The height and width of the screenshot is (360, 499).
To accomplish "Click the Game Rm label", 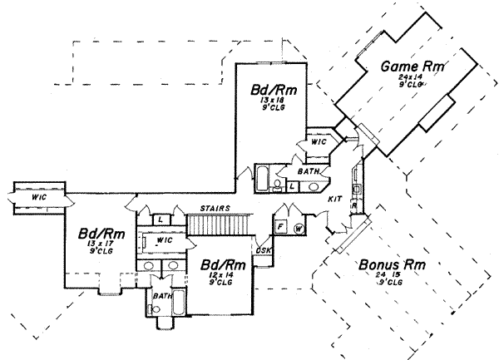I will point(410,66).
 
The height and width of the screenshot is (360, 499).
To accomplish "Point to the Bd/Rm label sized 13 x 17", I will point(96,234).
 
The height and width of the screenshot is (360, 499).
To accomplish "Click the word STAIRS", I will point(215,208).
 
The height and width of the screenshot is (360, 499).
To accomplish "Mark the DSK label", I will point(264,250).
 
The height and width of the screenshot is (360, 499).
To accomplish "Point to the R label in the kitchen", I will point(353,204).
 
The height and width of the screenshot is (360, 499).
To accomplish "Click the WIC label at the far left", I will point(33,197).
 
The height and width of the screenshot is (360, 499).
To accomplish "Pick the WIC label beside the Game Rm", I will point(318,142).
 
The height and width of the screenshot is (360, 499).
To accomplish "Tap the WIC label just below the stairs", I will point(164,240).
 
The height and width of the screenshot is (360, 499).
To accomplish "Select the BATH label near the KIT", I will point(304,171).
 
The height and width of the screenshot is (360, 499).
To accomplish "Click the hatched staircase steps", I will point(219,223).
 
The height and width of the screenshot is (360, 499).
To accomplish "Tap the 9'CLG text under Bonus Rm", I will point(392,284).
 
